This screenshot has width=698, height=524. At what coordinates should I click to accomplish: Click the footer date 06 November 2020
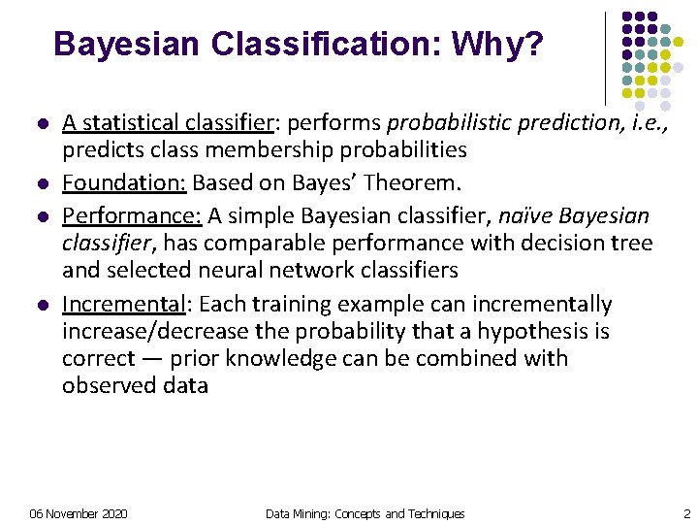click(79, 513)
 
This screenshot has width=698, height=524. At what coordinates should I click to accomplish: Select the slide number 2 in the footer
click(686, 513)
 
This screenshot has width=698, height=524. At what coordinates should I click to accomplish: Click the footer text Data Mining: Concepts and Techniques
click(365, 513)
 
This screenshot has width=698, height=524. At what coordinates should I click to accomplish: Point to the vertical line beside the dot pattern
click(605, 58)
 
